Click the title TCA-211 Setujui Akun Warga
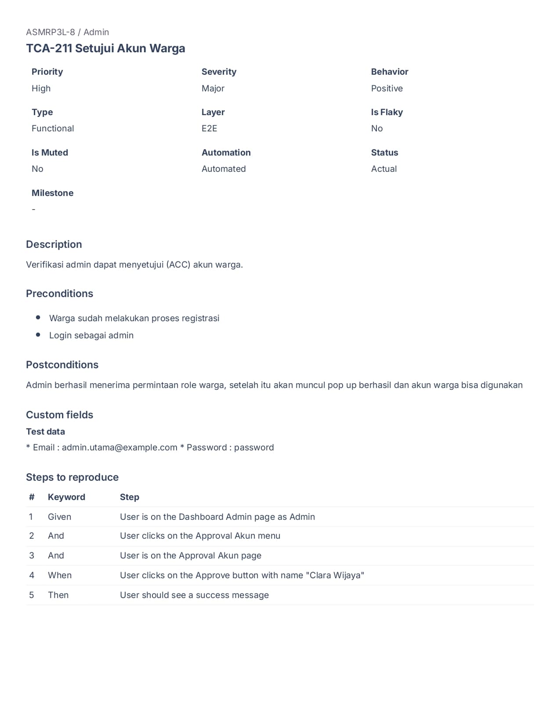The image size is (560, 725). coord(105,48)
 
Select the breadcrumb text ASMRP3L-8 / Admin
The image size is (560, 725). coord(67,32)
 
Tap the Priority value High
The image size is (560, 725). coord(41,88)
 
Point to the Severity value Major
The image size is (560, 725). coord(213,88)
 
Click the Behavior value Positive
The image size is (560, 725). coord(387,88)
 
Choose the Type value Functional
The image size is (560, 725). coord(53,128)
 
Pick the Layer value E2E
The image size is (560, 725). coord(209,128)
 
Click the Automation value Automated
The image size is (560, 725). coord(224,169)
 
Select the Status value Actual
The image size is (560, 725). coord(383,169)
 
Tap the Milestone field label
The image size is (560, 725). coord(52,193)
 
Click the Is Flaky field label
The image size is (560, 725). coord(387,112)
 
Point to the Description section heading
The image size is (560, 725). coord(54,244)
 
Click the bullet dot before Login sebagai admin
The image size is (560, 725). coord(38,335)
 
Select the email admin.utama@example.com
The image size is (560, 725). coord(119,447)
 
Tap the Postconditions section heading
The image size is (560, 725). coord(62,365)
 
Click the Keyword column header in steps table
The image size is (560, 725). coord(66,497)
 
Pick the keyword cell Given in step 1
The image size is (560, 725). coord(59,517)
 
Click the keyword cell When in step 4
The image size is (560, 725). coord(59,575)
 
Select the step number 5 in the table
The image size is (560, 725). coord(31,595)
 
